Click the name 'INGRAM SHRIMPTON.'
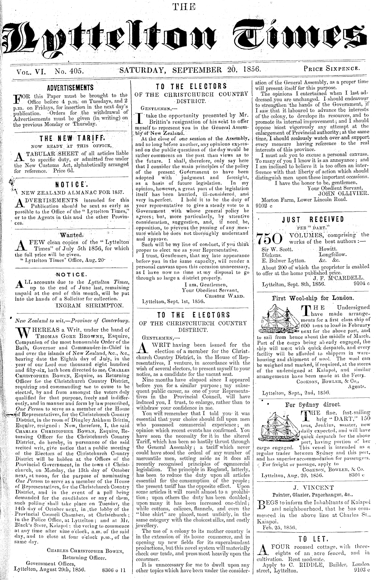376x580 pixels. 90,305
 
